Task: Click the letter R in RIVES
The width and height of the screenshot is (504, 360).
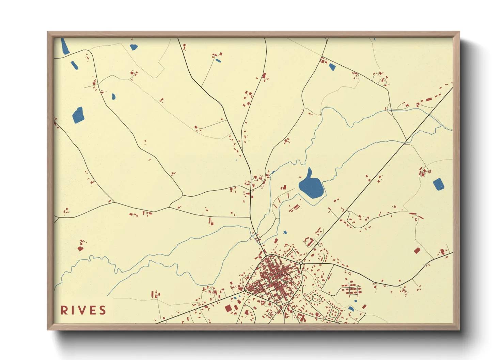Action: click(x=63, y=310)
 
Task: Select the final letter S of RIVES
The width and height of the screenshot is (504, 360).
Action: click(x=103, y=310)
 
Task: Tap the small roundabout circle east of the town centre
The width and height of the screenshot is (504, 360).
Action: click(x=301, y=263)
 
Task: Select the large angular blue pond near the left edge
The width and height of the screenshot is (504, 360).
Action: click(x=78, y=115)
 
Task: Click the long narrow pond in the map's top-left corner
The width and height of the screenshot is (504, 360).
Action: click(x=64, y=47)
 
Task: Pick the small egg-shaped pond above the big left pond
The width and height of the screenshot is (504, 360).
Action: click(x=113, y=97)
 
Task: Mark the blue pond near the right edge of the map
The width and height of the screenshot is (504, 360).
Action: click(x=438, y=184)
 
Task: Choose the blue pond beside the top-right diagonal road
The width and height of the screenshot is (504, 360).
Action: click(x=332, y=67)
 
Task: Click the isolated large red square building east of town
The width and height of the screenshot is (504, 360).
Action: click(x=417, y=251)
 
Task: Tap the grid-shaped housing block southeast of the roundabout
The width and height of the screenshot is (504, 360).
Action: click(x=352, y=289)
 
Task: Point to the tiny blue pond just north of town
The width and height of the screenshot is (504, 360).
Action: click(x=285, y=232)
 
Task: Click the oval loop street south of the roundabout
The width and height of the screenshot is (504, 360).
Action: click(x=316, y=298)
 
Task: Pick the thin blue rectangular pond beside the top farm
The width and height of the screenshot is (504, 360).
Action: click(x=218, y=61)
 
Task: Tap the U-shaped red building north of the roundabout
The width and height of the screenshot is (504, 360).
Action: click(x=310, y=242)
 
